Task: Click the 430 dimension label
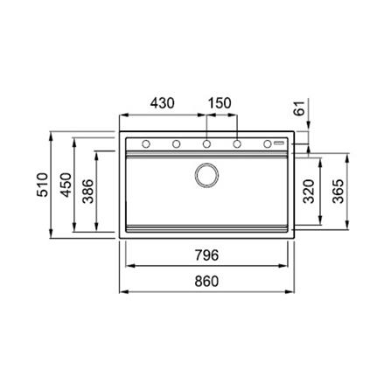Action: point(163,103)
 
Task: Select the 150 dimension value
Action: point(220,103)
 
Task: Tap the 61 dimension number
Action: point(299,108)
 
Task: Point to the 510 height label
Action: point(43,185)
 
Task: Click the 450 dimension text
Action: point(66,185)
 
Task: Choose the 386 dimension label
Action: point(88,192)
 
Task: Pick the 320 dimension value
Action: point(309,192)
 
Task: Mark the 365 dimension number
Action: point(339,192)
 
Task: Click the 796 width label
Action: point(206,255)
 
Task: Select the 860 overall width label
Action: point(206,282)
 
